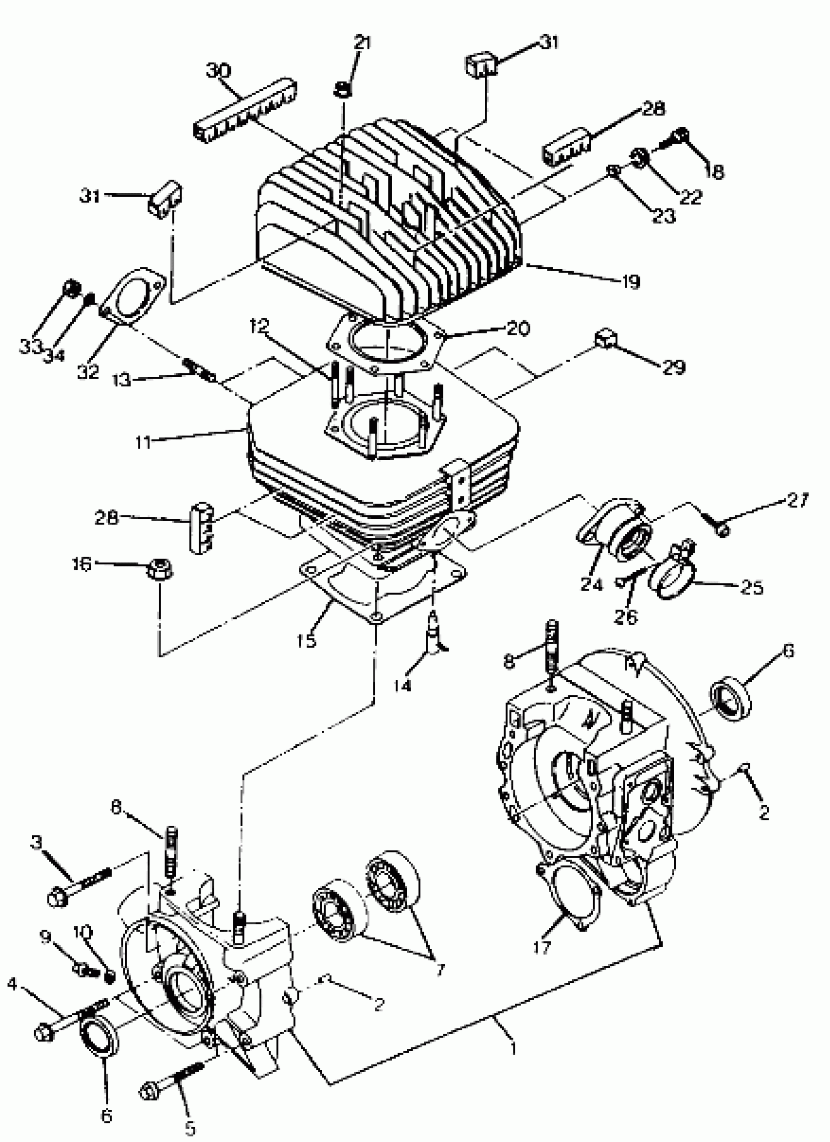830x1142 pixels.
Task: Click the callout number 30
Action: click(x=219, y=70)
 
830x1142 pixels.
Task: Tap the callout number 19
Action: click(x=631, y=282)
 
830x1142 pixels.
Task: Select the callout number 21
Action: click(x=362, y=42)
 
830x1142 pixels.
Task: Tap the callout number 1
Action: click(x=513, y=1049)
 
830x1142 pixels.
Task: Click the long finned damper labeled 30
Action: click(x=245, y=111)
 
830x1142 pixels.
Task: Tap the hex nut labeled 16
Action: click(x=160, y=571)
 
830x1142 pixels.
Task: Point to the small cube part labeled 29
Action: click(x=606, y=339)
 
